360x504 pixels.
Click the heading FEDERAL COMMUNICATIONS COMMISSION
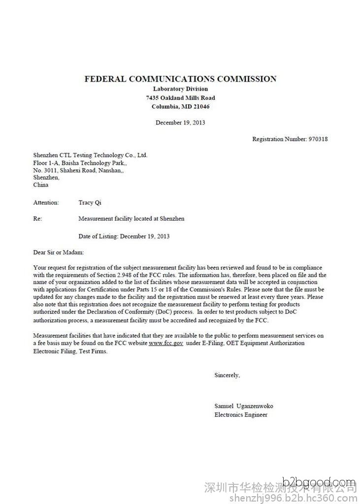click(x=180, y=79)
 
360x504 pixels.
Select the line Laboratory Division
click(x=180, y=89)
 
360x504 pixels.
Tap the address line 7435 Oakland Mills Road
click(x=180, y=98)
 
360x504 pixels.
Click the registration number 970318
click(x=318, y=139)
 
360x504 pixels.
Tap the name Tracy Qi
click(x=90, y=202)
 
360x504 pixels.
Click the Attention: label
click(x=46, y=202)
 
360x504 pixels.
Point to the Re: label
click(x=38, y=219)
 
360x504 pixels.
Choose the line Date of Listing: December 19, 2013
click(x=124, y=236)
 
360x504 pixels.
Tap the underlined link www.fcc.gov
click(x=166, y=343)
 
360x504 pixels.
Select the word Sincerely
click(x=227, y=375)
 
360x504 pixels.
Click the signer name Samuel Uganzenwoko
click(x=243, y=406)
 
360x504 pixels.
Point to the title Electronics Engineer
click(x=241, y=415)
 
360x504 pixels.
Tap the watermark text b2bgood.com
click(x=319, y=482)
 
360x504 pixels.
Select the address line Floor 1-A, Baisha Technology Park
click(x=80, y=162)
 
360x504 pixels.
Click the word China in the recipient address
click(x=41, y=185)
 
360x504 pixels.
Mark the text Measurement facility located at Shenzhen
click(x=131, y=219)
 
